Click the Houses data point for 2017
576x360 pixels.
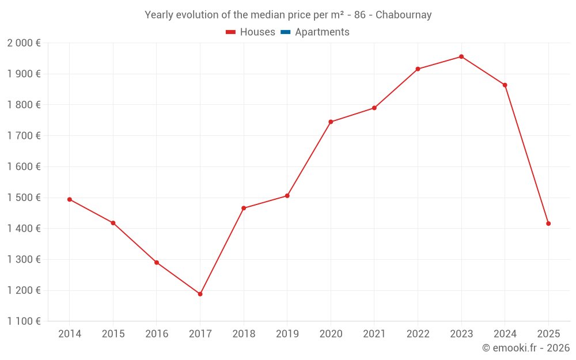click(x=200, y=294)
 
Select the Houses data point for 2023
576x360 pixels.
click(x=461, y=56)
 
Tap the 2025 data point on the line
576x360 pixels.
click(x=548, y=223)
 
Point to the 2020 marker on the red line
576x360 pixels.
click(x=331, y=122)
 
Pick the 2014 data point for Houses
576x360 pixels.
click(x=70, y=199)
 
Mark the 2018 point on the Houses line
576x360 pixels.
click(x=244, y=208)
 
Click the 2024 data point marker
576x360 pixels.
click(x=505, y=85)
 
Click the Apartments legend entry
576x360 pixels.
click(x=322, y=32)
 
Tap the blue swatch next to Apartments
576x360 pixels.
click(x=285, y=32)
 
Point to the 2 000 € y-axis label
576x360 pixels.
click(x=24, y=43)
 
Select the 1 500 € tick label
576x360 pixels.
click(x=24, y=198)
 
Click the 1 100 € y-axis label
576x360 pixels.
click(x=24, y=321)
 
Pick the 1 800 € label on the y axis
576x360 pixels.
click(x=24, y=105)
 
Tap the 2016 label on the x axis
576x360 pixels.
click(x=157, y=334)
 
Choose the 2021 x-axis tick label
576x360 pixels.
click(x=374, y=334)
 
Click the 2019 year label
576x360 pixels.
click(x=287, y=334)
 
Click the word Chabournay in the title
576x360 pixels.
click(x=403, y=15)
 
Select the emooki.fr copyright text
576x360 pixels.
click(x=526, y=348)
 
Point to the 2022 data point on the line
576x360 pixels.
click(x=418, y=69)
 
